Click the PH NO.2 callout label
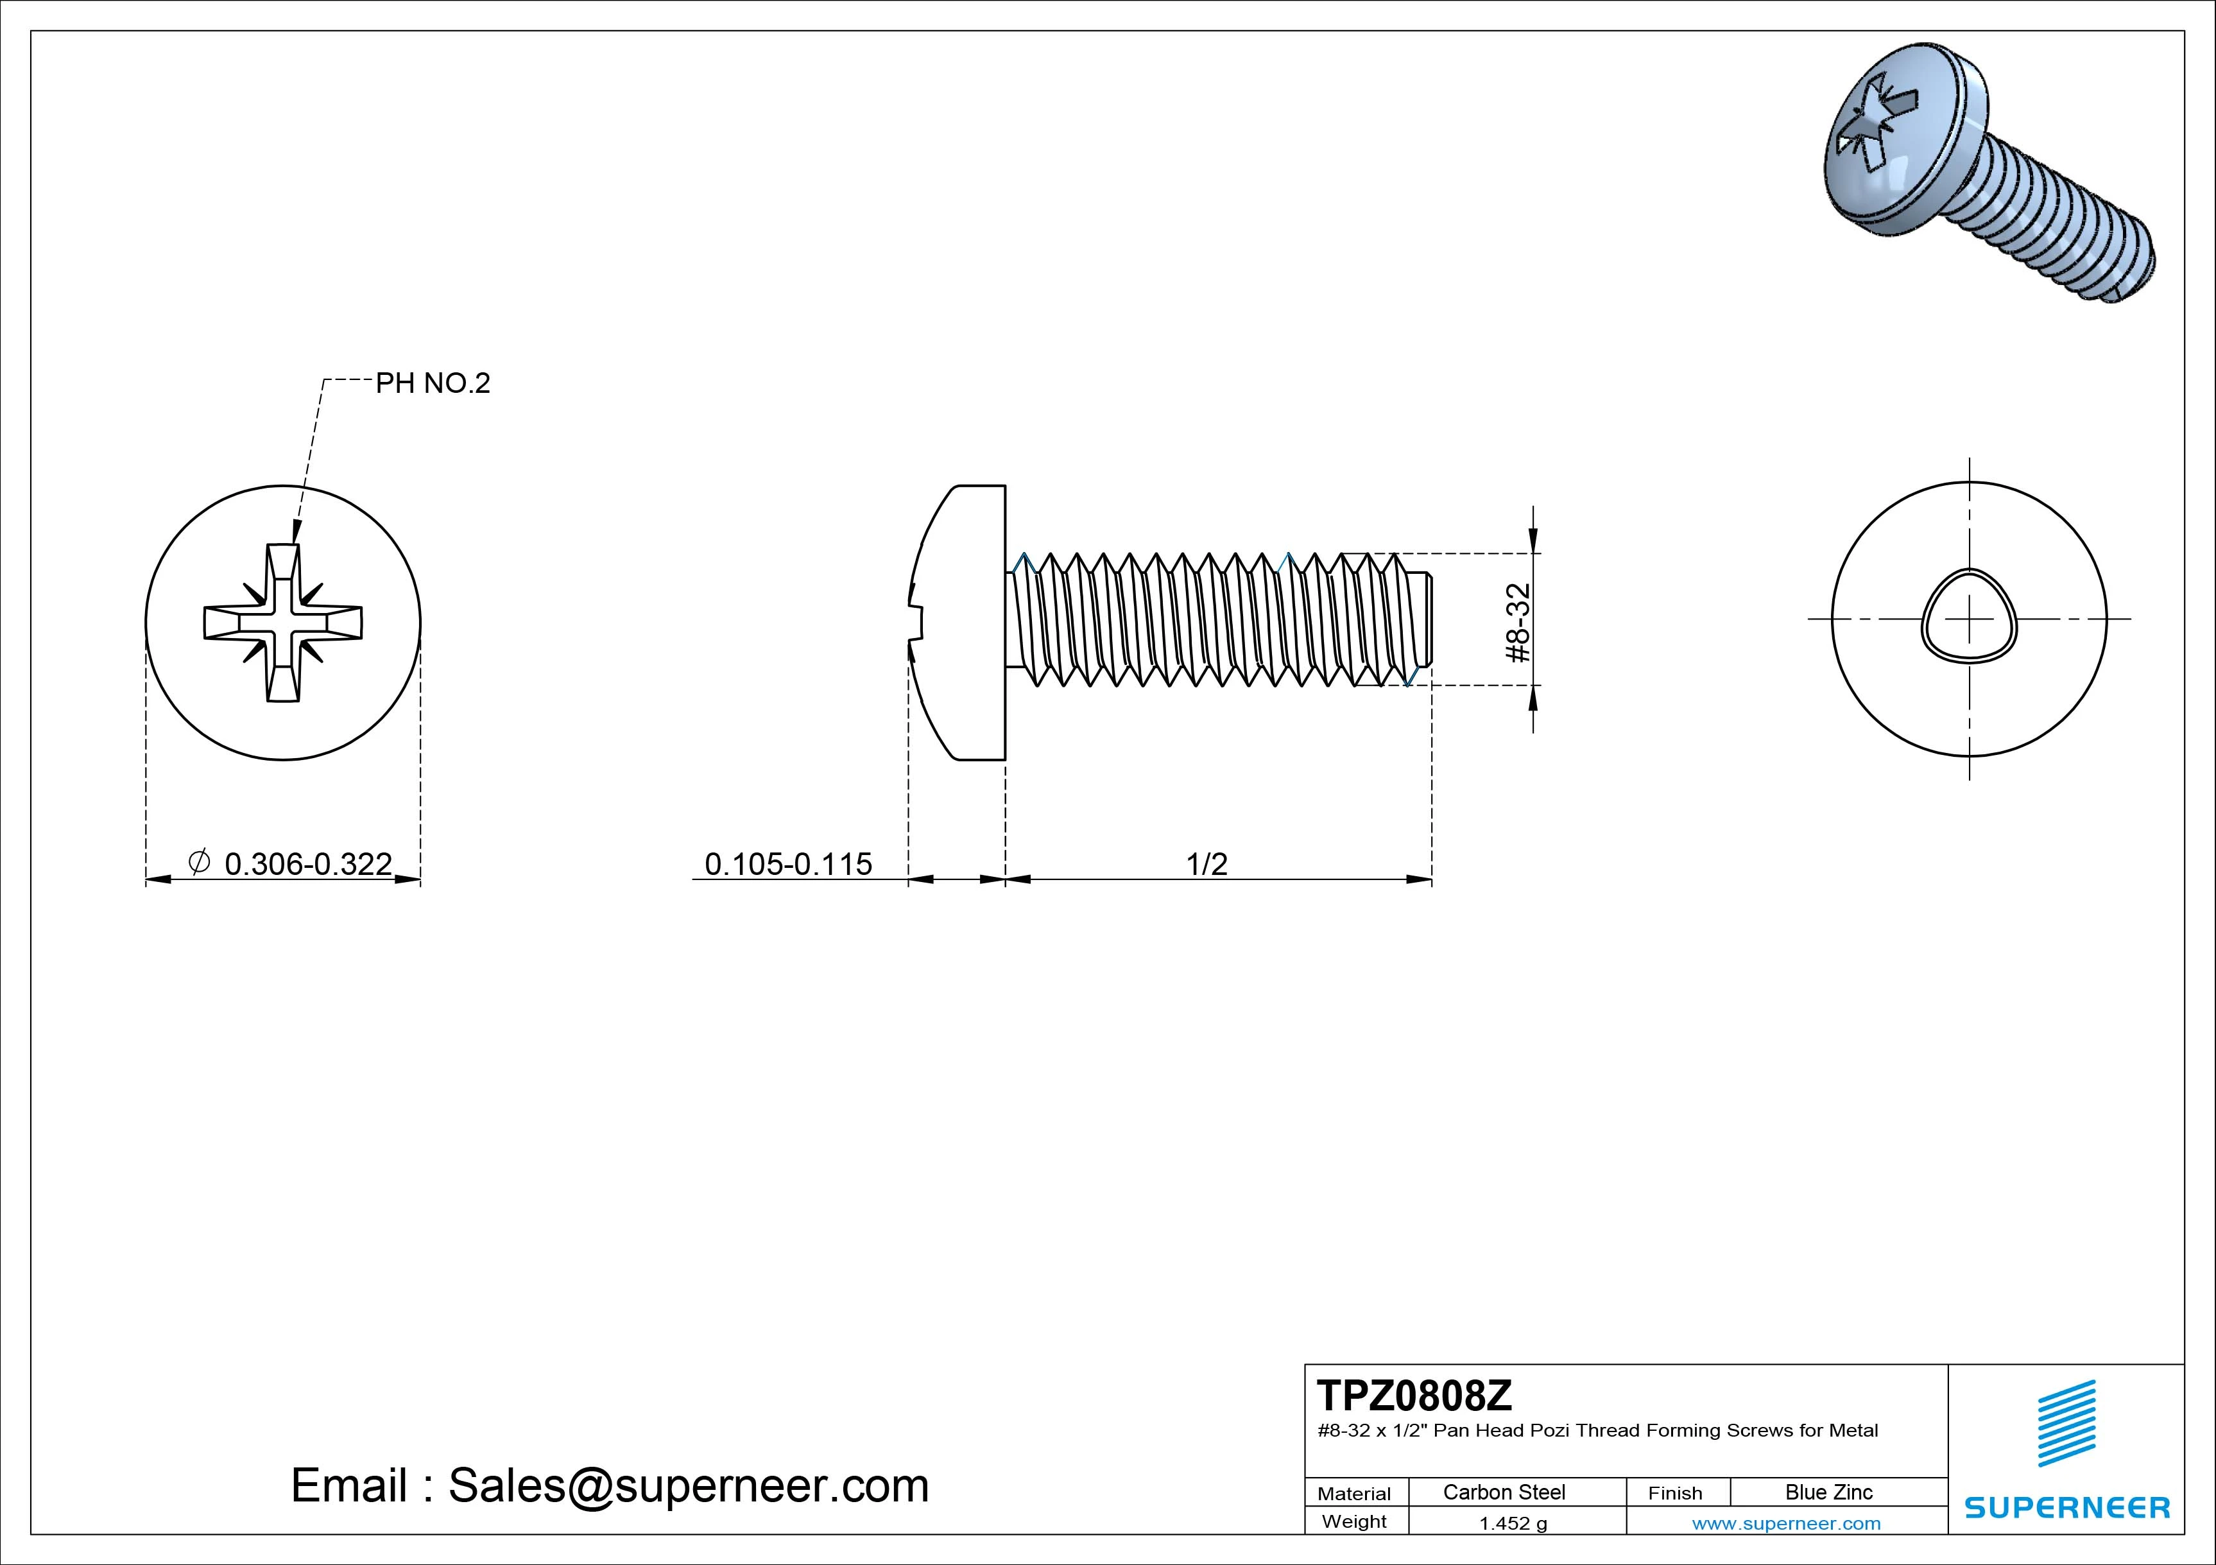[x=433, y=383]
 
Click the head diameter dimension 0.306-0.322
[x=308, y=863]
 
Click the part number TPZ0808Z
[x=1414, y=1395]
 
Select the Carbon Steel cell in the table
[x=1503, y=1492]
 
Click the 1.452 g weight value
[x=1513, y=1523]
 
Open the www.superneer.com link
[x=1785, y=1523]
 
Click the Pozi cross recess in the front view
[x=283, y=623]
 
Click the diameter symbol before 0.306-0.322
[x=198, y=861]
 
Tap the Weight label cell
[x=1354, y=1521]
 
